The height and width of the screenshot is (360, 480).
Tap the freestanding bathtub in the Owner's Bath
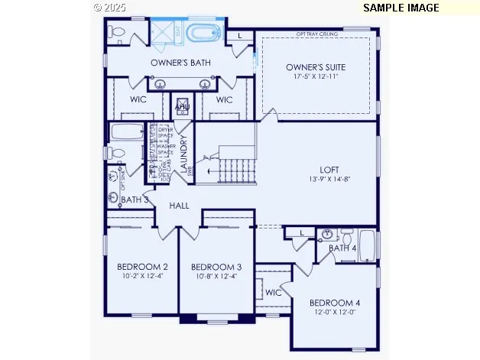(205, 34)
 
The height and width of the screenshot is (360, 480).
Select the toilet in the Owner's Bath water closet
(116, 31)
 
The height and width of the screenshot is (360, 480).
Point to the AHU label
(182, 108)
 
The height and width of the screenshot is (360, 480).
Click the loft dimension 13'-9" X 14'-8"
(329, 180)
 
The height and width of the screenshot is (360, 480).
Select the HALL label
(180, 206)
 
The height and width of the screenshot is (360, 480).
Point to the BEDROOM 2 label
(142, 267)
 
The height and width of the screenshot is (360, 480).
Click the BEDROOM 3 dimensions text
(216, 277)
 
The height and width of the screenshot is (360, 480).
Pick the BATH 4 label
(342, 248)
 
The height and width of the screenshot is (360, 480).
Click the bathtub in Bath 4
(366, 247)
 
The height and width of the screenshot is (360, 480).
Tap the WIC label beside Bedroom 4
(274, 292)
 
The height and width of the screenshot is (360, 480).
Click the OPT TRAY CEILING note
(317, 34)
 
